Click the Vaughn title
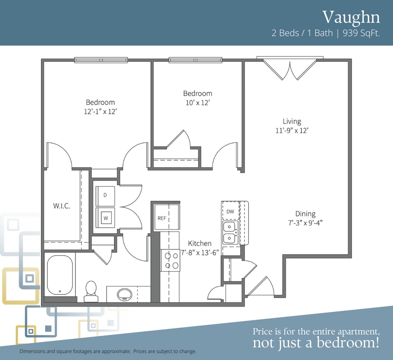[x=351, y=17]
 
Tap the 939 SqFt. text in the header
[x=361, y=33]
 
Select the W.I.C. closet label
[x=61, y=206]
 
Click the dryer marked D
[x=105, y=196]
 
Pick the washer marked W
[x=105, y=218]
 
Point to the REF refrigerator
[x=167, y=217]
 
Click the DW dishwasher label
[x=230, y=212]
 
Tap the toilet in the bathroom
[x=91, y=291]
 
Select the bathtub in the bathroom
[x=60, y=275]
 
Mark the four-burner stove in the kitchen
[x=170, y=260]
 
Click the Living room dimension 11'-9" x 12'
[x=292, y=131]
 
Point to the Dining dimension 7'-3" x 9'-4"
[x=305, y=223]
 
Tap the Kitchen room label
[x=200, y=243]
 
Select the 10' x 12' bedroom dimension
[x=198, y=103]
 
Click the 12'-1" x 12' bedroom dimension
[x=101, y=111]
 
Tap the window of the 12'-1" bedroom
[x=101, y=60]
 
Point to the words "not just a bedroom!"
[x=316, y=343]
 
